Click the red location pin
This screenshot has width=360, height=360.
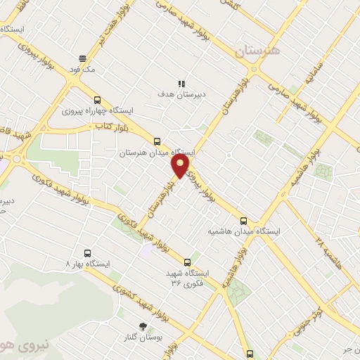[181, 165]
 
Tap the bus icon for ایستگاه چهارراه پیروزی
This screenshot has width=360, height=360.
[97, 100]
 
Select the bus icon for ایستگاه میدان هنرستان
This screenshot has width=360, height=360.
[157, 141]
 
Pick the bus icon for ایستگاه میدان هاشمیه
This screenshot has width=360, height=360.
[244, 220]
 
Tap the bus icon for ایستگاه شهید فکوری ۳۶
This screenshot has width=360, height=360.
[187, 262]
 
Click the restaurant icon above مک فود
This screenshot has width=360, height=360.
[83, 58]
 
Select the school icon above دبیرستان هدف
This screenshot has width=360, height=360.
[181, 82]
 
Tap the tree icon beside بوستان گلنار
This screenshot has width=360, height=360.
[144, 326]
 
